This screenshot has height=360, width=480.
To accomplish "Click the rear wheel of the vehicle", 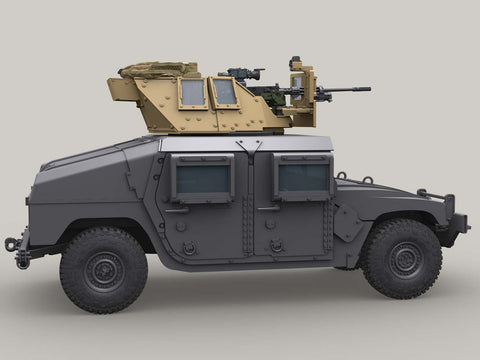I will (x=103, y=270).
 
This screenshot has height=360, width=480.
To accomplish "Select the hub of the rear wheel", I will (x=103, y=271).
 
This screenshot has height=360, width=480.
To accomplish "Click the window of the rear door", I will (x=202, y=179).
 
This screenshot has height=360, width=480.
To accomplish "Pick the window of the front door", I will (x=302, y=177).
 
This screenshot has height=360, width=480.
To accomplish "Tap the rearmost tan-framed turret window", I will (x=192, y=93).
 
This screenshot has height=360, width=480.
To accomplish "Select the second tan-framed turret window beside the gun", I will (x=226, y=92).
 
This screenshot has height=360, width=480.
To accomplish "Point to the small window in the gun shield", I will (x=298, y=81).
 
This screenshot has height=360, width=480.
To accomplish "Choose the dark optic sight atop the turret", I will (x=243, y=73).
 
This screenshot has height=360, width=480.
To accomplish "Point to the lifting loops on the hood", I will (x=354, y=178).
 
